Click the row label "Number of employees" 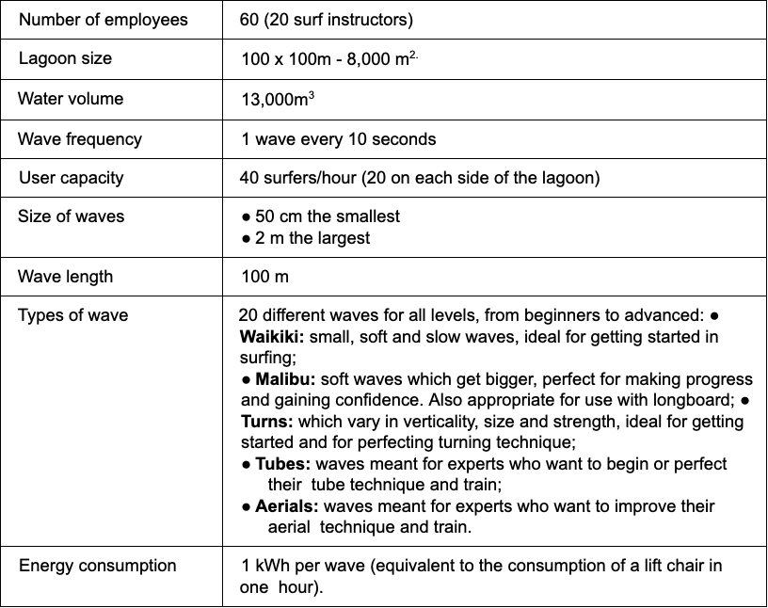(x=103, y=20)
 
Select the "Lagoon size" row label (x=65, y=58)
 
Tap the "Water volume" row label (x=71, y=99)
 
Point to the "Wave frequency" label (x=80, y=139)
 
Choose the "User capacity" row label (x=71, y=177)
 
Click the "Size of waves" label (x=71, y=216)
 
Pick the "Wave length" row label (x=65, y=277)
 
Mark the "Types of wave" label (x=72, y=315)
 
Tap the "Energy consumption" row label (x=98, y=566)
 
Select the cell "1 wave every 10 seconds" (x=339, y=139)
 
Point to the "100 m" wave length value (x=265, y=277)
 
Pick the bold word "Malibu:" (x=283, y=379)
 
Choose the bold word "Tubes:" (x=283, y=464)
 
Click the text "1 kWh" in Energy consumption (x=265, y=566)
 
